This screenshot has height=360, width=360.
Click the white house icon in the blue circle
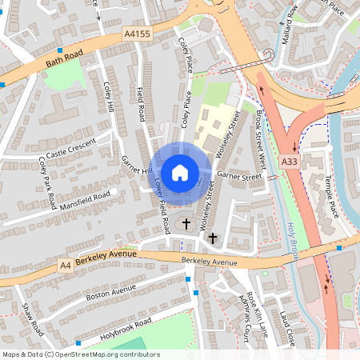pos(180,172)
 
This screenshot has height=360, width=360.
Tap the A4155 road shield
pos(137,34)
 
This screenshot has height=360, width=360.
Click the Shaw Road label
pos(33,318)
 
